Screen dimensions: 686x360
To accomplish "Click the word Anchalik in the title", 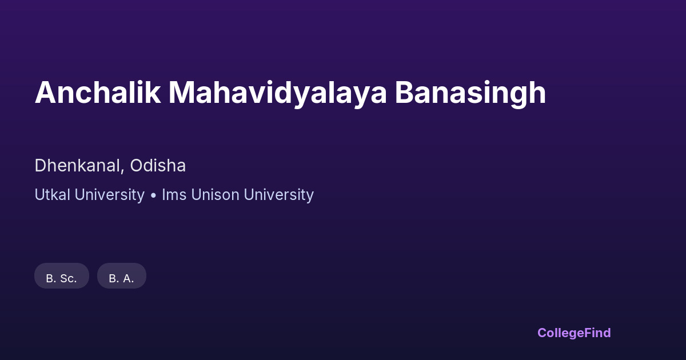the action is click(x=98, y=93).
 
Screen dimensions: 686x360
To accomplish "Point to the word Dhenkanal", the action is click(x=77, y=166).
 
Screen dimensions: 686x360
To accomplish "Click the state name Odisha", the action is click(x=158, y=166).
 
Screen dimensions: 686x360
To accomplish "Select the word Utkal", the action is click(x=53, y=194).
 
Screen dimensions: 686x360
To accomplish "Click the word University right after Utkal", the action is click(x=109, y=195).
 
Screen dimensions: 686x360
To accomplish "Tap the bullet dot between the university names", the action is click(x=153, y=195).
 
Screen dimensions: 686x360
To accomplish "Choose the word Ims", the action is click(x=174, y=194).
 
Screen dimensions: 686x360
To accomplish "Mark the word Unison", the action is click(x=216, y=194).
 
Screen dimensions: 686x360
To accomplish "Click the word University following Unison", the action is click(x=279, y=195).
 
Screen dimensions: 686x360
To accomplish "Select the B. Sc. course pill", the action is click(x=62, y=275).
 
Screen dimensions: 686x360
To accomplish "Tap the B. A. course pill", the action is click(x=122, y=275).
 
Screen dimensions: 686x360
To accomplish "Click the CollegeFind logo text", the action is click(x=574, y=333).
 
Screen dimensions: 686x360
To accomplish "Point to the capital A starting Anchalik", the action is click(x=46, y=93).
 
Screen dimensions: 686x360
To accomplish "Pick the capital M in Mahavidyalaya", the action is click(x=181, y=93).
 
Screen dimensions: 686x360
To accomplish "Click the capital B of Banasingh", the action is click(x=404, y=93).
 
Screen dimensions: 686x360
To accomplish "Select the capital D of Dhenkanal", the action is click(x=41, y=166).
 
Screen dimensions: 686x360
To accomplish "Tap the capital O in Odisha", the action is click(x=137, y=166).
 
